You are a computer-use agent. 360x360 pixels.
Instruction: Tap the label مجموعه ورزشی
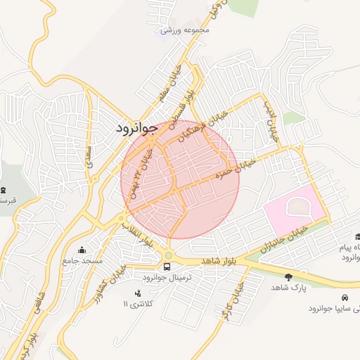pos(186,30)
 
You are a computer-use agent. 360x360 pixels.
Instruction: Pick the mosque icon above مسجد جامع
pos(82,250)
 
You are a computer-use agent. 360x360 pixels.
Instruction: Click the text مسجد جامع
pos(82,261)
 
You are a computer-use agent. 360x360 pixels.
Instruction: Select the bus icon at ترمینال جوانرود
pos(167,266)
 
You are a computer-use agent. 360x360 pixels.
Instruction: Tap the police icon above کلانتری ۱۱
pos(137,292)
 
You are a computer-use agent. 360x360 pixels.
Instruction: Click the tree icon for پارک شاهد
pos(289,277)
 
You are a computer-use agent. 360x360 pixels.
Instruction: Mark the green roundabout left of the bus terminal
pos(168,255)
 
